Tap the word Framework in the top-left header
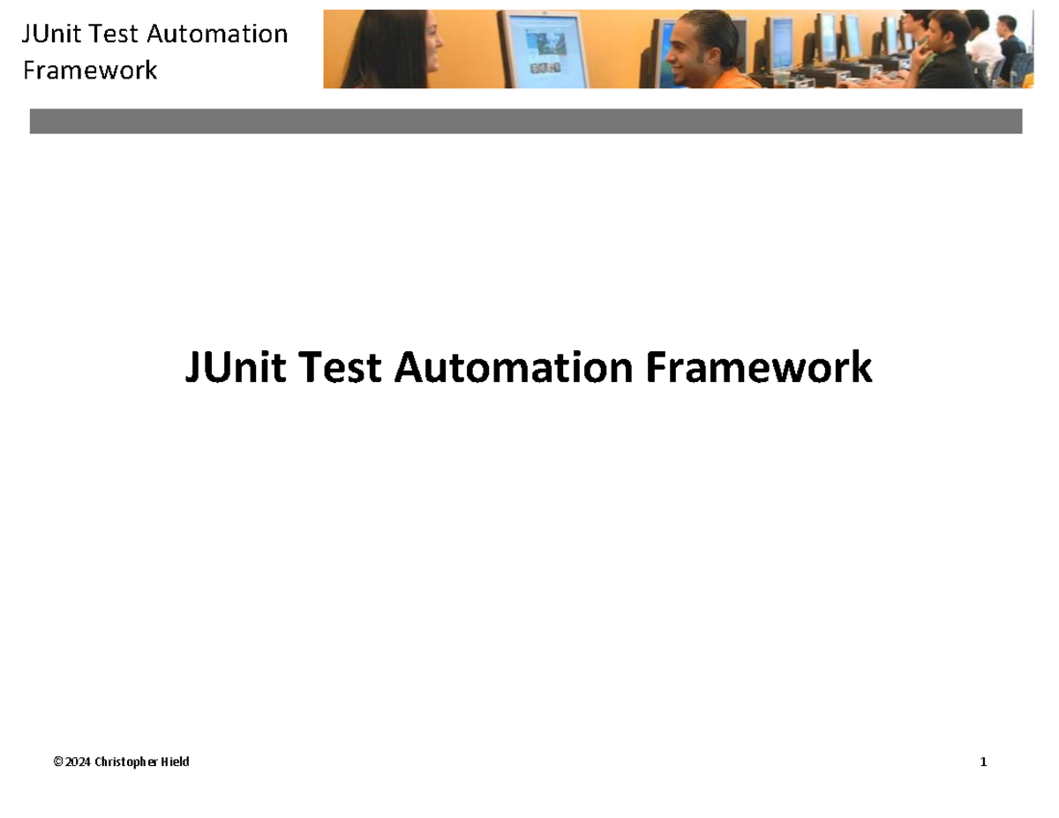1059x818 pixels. tap(90, 70)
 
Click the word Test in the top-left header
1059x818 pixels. tap(117, 34)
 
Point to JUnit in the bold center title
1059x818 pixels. tap(236, 368)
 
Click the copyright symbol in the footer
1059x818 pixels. tap(58, 762)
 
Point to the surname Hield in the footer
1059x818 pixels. tap(176, 762)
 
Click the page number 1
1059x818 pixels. tap(983, 762)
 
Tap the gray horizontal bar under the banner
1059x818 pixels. tap(526, 121)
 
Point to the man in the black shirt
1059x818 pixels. tap(949, 58)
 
